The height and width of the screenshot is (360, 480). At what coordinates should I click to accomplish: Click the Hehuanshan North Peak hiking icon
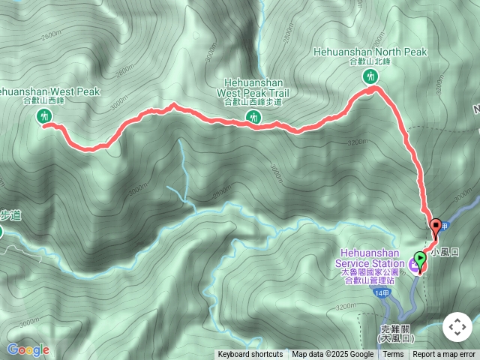(370, 76)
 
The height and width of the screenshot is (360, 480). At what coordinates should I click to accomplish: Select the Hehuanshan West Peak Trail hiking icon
(253, 116)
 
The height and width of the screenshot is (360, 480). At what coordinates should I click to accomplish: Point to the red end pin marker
(436, 226)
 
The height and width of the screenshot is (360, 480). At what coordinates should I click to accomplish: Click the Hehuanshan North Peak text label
(370, 56)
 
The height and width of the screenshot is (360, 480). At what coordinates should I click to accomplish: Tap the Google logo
(28, 349)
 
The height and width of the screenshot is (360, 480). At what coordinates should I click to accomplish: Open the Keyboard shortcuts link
(250, 355)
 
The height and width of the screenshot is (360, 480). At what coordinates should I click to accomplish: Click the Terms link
(393, 355)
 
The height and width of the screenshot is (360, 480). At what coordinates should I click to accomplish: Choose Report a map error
(444, 355)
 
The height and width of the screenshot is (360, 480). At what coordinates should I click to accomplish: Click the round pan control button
(457, 327)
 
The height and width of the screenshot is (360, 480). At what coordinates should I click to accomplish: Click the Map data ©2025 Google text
(332, 355)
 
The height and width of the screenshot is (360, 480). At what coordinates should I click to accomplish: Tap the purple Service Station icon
(415, 263)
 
